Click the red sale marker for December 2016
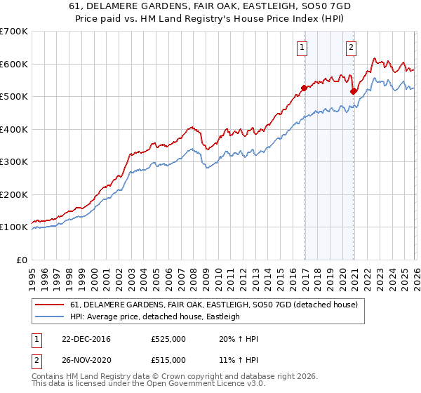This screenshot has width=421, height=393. [304, 88]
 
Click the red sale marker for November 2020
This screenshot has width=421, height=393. [353, 91]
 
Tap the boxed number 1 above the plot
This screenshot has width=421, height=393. [302, 48]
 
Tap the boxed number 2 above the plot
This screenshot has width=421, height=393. [350, 48]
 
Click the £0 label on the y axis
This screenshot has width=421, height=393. [21, 260]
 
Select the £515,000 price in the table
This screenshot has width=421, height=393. [168, 360]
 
